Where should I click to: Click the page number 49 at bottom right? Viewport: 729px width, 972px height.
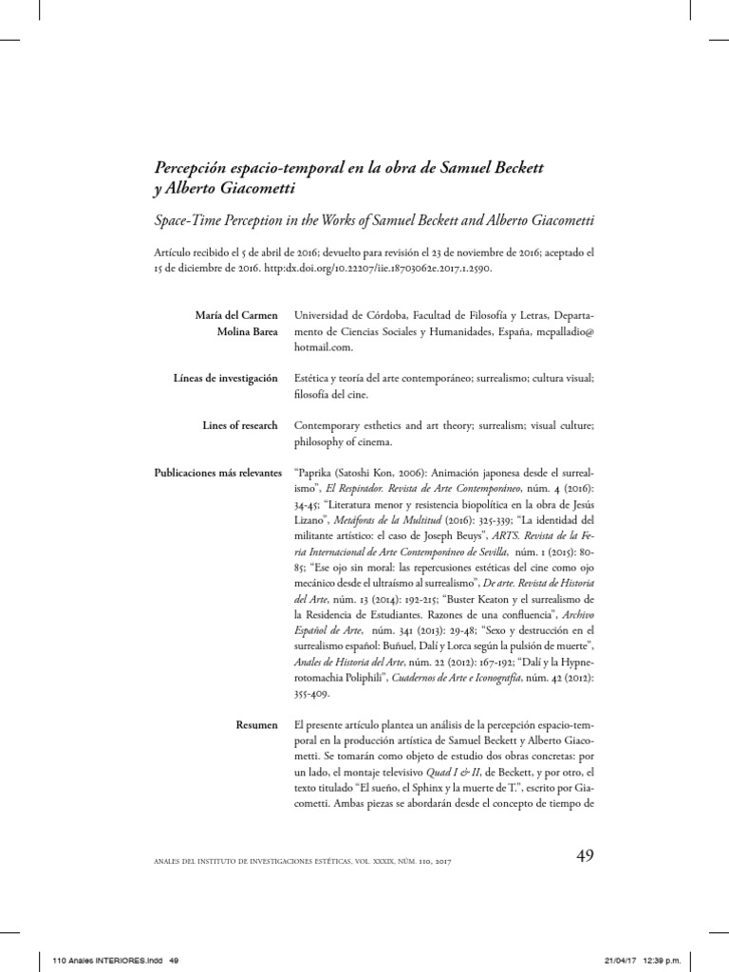point(585,857)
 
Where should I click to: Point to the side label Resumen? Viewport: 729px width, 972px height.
point(256,725)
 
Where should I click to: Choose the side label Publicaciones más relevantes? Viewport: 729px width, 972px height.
point(216,472)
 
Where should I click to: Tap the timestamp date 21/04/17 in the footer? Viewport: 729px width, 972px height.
point(622,961)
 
